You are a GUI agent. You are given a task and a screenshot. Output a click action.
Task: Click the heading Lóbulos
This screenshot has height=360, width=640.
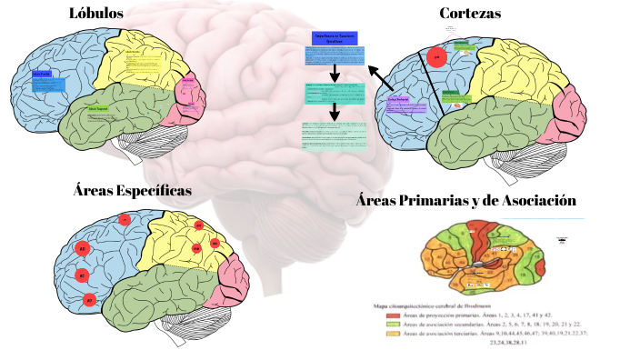[x=95, y=13]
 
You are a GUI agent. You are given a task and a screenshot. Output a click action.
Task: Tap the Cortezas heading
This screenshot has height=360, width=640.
[x=470, y=14]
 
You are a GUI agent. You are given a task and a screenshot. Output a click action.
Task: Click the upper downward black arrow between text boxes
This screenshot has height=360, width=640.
[x=335, y=72]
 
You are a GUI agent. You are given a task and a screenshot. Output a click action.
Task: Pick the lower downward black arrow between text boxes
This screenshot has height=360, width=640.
[x=335, y=111]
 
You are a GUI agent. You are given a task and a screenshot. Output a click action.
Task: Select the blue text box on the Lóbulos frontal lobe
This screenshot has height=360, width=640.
[x=48, y=82]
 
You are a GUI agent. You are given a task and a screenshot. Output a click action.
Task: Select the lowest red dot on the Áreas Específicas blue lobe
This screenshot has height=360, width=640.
[x=89, y=299]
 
